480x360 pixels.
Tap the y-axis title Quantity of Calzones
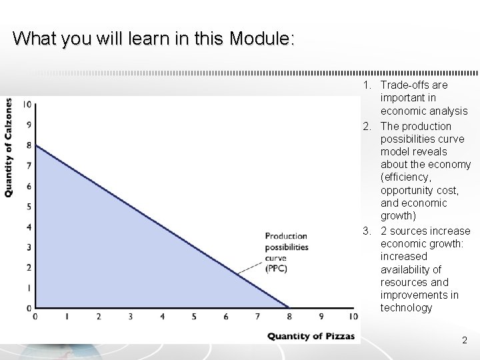click(x=8, y=147)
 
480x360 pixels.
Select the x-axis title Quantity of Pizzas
click(x=307, y=336)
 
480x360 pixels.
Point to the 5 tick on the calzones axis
click(x=28, y=206)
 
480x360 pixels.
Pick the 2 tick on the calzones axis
click(x=28, y=267)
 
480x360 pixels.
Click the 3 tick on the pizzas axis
click(x=130, y=317)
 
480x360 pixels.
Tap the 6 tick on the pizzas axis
click(x=226, y=317)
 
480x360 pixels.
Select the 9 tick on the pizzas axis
click(x=321, y=317)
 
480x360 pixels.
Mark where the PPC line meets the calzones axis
click(x=35, y=145)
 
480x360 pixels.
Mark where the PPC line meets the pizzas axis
click(x=289, y=308)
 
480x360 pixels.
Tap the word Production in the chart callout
click(x=285, y=236)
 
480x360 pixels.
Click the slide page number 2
click(x=465, y=341)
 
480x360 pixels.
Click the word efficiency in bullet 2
click(x=406, y=177)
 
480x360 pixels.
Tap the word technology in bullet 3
click(x=406, y=308)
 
